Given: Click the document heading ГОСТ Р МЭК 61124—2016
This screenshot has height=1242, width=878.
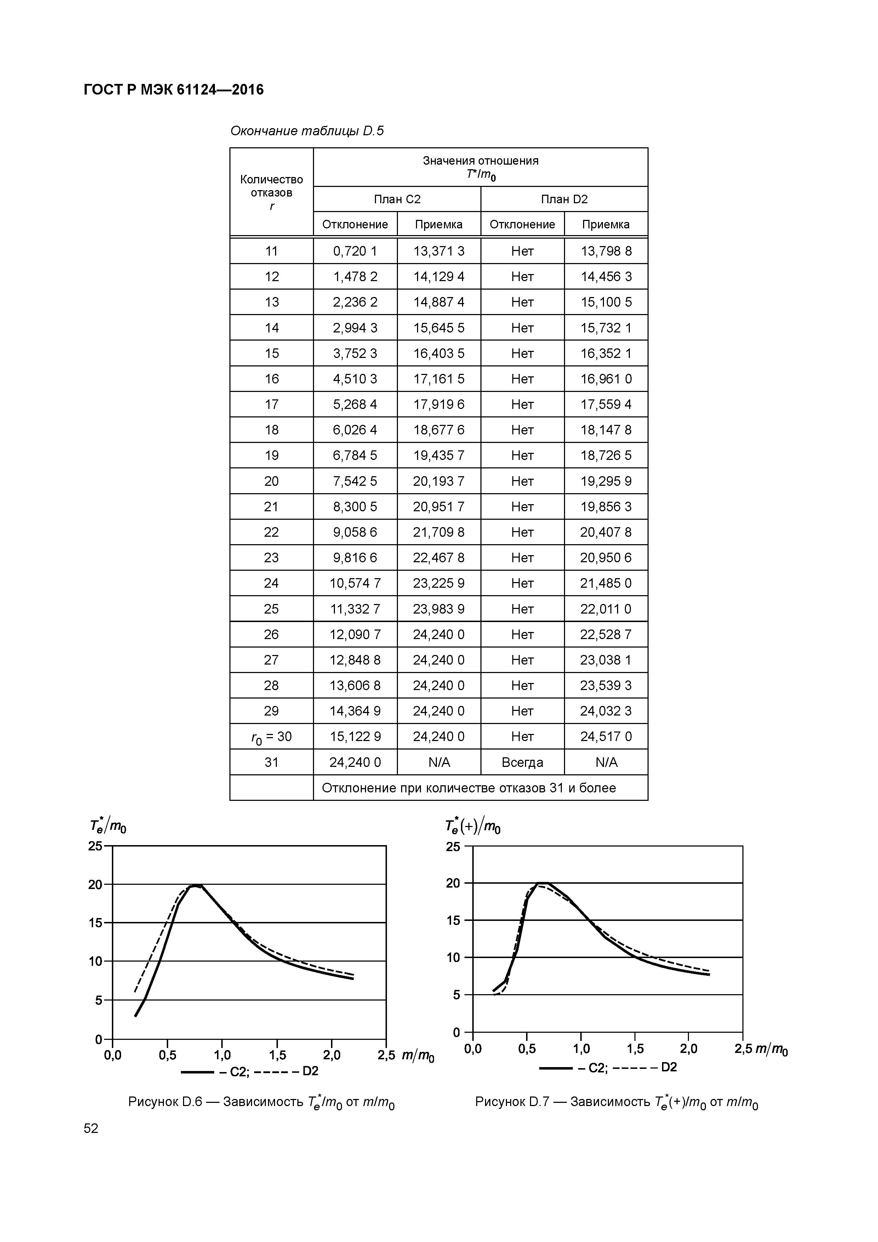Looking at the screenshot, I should click(x=173, y=90).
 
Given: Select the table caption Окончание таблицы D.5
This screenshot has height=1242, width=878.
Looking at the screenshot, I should click(x=307, y=131).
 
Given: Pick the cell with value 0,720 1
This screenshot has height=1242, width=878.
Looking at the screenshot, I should click(x=355, y=251).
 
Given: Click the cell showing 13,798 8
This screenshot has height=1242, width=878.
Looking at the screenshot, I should click(x=606, y=251).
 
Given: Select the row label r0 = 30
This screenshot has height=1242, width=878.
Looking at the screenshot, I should click(x=271, y=737).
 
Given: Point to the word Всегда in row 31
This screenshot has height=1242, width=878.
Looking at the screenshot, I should click(x=522, y=762).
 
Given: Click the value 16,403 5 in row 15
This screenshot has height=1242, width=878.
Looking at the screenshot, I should click(x=439, y=353).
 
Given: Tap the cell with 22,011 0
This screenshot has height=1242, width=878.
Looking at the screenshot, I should click(x=606, y=609).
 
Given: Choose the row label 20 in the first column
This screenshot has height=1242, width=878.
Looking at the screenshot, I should click(x=271, y=481).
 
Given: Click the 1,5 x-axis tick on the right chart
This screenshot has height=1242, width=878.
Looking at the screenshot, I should click(x=635, y=1049).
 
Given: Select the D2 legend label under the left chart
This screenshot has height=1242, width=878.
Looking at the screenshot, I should click(x=310, y=1071).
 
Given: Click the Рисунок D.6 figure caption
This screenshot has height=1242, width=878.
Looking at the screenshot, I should click(x=261, y=1102).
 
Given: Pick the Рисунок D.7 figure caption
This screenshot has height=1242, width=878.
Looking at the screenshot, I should click(x=616, y=1102).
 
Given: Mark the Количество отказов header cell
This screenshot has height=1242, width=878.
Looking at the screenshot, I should click(x=271, y=192).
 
